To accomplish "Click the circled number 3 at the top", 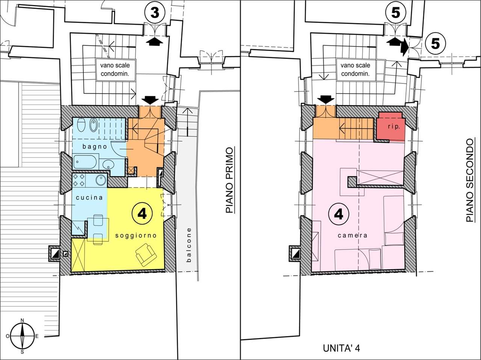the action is point(155,13).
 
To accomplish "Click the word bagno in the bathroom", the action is point(95,146).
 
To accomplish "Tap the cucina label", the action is point(89,197).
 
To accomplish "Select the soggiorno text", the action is point(136,236).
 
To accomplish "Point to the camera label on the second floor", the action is point(352,236).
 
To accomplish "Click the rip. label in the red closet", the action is point(394,127).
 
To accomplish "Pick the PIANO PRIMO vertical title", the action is point(230,180).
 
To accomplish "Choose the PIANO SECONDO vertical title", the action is point(470,180).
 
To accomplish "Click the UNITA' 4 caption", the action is point(341,348).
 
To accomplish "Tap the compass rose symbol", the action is point(22,336).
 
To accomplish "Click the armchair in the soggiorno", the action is point(146,255).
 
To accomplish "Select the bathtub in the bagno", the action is point(85,162).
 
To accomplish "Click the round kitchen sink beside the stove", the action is point(101,180).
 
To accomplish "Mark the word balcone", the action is point(189,245).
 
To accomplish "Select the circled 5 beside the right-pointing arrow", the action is point(435,44).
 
